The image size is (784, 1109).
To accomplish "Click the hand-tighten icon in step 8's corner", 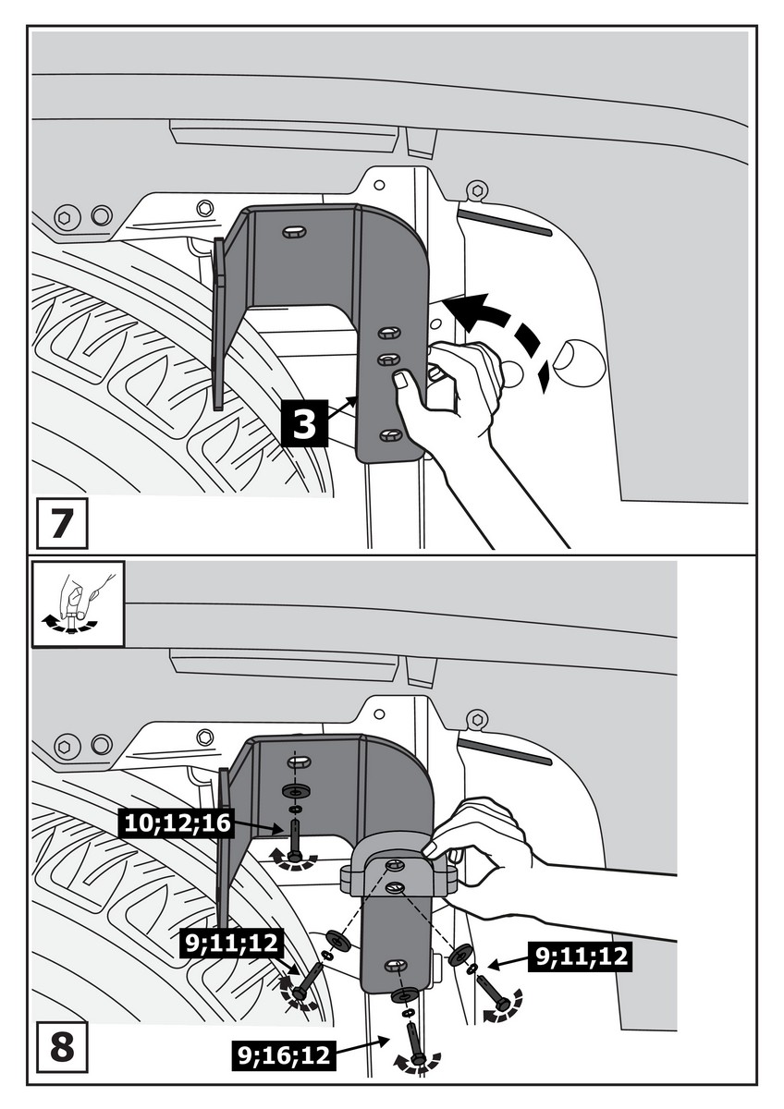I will [78, 604].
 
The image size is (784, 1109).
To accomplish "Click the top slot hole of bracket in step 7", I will [293, 229].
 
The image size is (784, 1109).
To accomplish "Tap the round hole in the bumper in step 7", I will [579, 363].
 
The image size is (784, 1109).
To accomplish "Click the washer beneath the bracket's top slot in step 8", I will [295, 792].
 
